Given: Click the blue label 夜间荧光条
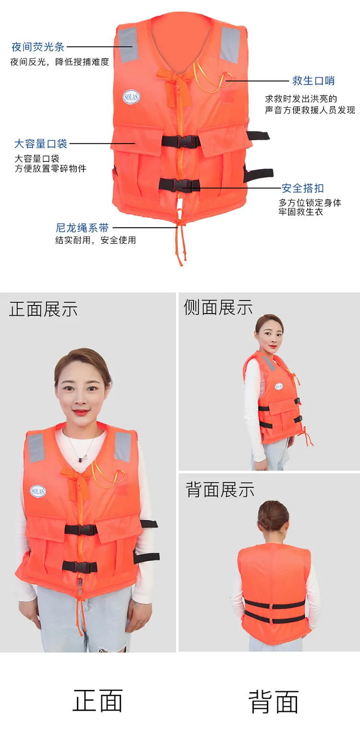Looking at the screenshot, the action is click(x=38, y=47).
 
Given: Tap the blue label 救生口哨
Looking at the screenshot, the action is click(x=313, y=81).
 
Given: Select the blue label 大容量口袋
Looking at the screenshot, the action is click(x=40, y=144).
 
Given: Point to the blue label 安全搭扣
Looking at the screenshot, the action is click(x=303, y=188).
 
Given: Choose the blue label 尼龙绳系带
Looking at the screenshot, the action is click(x=82, y=228).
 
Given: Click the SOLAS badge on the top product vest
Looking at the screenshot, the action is click(x=131, y=97).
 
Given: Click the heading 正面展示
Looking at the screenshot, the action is click(x=43, y=309).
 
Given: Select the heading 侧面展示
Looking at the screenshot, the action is click(x=218, y=307).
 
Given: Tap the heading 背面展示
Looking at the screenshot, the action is click(x=220, y=489).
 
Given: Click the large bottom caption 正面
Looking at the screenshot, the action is click(x=97, y=701).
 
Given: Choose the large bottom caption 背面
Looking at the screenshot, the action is click(x=273, y=702).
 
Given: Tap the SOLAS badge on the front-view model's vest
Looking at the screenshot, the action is click(x=38, y=491).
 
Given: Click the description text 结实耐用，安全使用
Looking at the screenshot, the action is click(x=96, y=240).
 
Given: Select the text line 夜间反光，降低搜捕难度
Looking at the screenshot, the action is click(x=60, y=61).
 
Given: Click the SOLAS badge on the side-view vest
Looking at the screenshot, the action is click(x=279, y=387).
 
